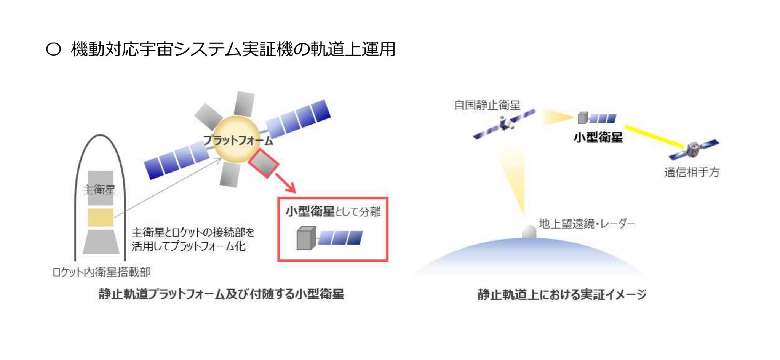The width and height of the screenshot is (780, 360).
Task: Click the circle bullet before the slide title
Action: [x=53, y=49]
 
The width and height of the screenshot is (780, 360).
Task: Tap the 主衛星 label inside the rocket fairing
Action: [x=99, y=190]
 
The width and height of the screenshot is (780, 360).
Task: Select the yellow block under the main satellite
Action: [x=101, y=217]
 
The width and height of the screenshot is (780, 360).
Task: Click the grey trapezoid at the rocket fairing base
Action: [x=101, y=242]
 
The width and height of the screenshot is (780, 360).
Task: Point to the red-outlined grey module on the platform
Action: [x=264, y=163]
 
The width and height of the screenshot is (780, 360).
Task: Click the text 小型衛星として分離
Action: [x=333, y=211]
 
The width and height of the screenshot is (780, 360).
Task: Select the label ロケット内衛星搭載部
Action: [x=101, y=272]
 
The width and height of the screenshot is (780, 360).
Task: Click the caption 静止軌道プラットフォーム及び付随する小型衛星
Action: [x=221, y=294]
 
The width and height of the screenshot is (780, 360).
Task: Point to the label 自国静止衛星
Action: [x=487, y=105]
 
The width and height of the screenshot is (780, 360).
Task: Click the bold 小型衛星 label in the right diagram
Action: [x=598, y=137]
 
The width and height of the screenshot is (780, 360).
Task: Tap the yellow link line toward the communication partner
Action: [x=655, y=137]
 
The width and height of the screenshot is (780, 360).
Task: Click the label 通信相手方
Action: [x=692, y=172]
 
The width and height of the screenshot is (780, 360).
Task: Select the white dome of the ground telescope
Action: [x=529, y=232]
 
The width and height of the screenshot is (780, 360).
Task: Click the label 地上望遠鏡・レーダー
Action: [x=587, y=224]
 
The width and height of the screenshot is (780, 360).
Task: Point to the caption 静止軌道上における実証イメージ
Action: [x=562, y=294]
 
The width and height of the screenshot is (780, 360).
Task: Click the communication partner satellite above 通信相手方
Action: [x=694, y=149]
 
